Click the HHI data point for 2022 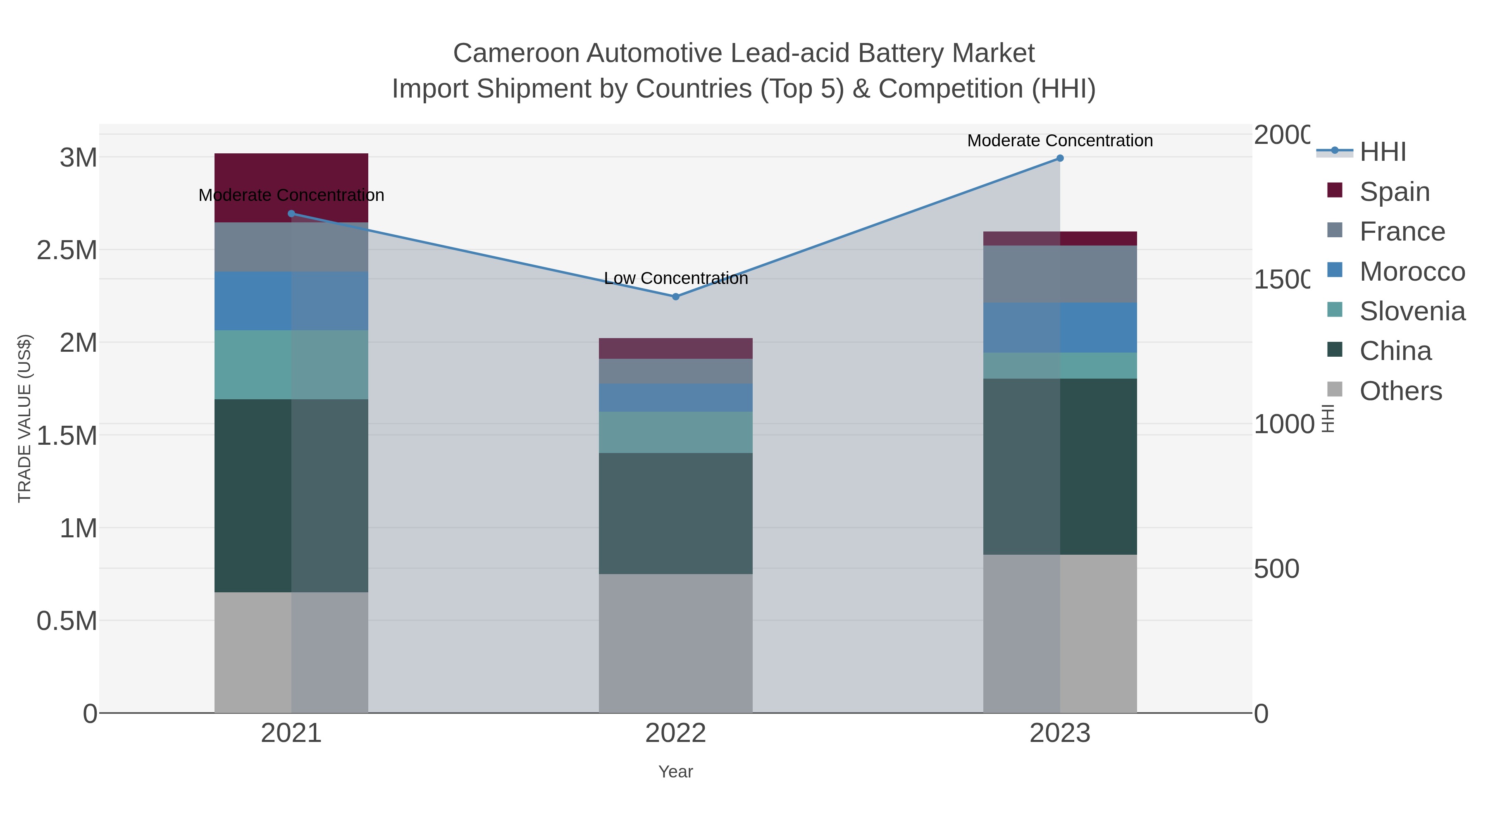(675, 296)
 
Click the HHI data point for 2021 (291, 214)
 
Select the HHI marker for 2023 (1060, 158)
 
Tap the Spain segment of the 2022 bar (675, 348)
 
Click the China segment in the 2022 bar (675, 513)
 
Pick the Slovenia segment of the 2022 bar (675, 432)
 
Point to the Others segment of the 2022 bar (675, 643)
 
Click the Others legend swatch (1335, 390)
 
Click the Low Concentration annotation (676, 279)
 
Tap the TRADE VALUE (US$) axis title (24, 418)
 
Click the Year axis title (675, 772)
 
